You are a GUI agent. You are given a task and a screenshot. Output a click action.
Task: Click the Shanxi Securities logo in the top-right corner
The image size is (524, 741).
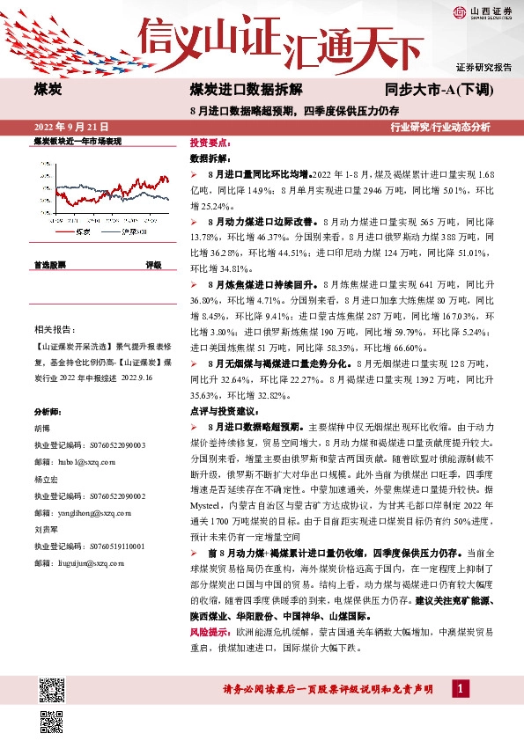click(x=483, y=12)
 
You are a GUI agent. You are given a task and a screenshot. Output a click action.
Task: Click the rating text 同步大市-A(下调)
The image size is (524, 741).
click(x=444, y=91)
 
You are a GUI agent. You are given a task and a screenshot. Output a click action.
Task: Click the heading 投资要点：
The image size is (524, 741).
click(x=210, y=142)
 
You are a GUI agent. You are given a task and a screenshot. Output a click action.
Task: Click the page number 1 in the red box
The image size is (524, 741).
click(x=461, y=687)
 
